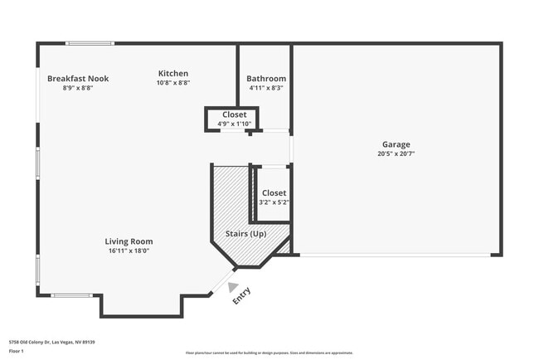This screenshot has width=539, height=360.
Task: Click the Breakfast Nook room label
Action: click(x=77, y=79)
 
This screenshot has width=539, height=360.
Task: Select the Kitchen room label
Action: click(x=173, y=74)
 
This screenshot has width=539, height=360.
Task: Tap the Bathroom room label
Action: click(x=266, y=79)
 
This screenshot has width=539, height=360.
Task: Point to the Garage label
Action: click(x=396, y=144)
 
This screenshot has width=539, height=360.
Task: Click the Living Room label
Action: click(x=129, y=241)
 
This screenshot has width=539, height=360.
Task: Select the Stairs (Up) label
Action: click(x=245, y=234)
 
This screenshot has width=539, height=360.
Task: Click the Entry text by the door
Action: click(x=241, y=295)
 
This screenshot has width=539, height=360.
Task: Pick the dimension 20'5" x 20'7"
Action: click(x=396, y=153)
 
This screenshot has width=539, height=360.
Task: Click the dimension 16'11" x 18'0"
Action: click(x=129, y=251)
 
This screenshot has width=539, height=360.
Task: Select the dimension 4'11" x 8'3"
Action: click(x=266, y=88)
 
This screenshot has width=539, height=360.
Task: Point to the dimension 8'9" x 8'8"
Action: click(x=77, y=88)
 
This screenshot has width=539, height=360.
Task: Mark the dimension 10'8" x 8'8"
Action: click(x=173, y=83)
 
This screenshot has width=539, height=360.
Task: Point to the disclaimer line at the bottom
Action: click(x=269, y=353)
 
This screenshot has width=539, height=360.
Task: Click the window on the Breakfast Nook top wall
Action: click(x=90, y=43)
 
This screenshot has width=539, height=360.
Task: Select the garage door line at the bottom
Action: click(x=395, y=255)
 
